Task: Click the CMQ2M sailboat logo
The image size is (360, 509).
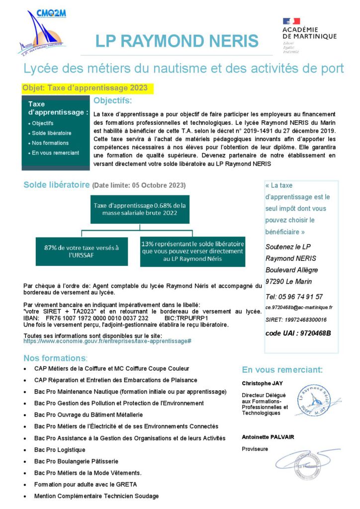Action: pos(42,32)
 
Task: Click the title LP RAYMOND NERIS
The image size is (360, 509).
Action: pos(177,41)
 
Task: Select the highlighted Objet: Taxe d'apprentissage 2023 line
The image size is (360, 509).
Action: pos(85,88)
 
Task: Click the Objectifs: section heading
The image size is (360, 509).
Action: pos(113,101)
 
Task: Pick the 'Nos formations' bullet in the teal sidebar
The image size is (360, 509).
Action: pos(50,143)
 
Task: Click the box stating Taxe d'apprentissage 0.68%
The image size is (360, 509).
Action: pos(140,209)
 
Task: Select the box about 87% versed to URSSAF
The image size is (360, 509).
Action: pos(82,251)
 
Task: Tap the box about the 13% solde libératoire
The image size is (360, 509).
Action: pos(192,251)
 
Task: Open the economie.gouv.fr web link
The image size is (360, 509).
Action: pos(107,341)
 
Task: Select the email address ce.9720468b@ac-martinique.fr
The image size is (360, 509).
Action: pos(299,308)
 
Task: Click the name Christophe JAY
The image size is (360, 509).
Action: pos(262,383)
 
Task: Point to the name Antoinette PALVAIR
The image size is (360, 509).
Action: pos(268,437)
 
